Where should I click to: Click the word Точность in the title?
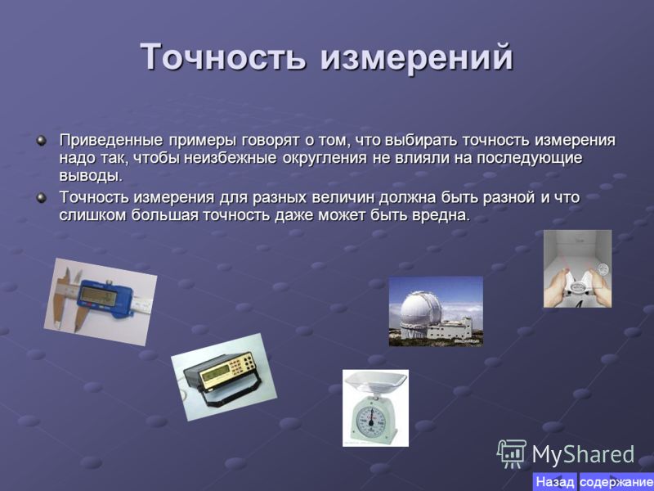(x=223, y=56)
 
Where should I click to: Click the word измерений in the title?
(x=416, y=56)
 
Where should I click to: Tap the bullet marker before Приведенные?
(x=42, y=140)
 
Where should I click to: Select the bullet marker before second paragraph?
(x=42, y=197)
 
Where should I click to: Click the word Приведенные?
(x=111, y=140)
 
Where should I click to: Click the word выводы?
(x=91, y=176)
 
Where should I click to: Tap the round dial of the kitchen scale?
(x=371, y=418)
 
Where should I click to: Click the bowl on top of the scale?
(x=375, y=382)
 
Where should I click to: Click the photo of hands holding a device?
(x=577, y=268)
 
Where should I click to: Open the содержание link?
(x=616, y=482)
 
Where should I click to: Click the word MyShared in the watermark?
(x=583, y=455)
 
